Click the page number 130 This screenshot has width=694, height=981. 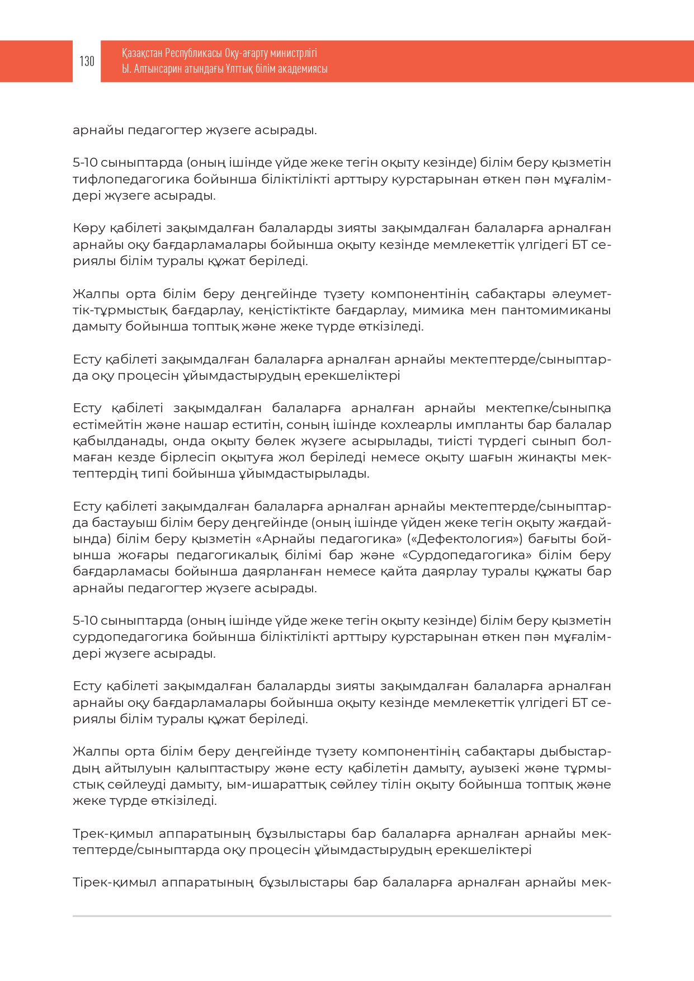87,61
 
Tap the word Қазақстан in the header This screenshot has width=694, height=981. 142,53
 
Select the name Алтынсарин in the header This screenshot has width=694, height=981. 158,69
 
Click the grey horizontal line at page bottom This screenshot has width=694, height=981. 342,916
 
